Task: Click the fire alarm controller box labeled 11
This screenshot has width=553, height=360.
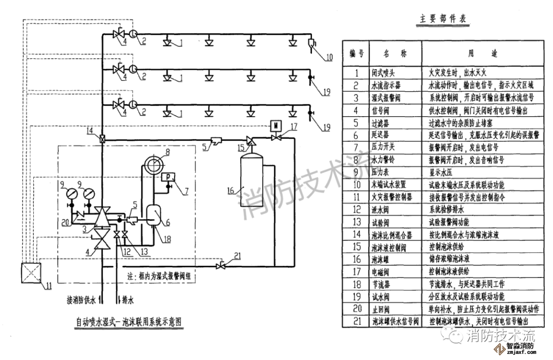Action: pos(31,272)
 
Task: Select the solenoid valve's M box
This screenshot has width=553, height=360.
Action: pos(275,125)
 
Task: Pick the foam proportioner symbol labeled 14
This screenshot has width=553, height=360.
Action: pos(103,139)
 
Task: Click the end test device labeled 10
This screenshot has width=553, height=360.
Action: pos(312,43)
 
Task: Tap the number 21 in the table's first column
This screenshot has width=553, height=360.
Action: pos(357,321)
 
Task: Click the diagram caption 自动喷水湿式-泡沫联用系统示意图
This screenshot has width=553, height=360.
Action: pos(129,323)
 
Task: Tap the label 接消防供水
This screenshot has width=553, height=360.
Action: pos(81,300)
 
